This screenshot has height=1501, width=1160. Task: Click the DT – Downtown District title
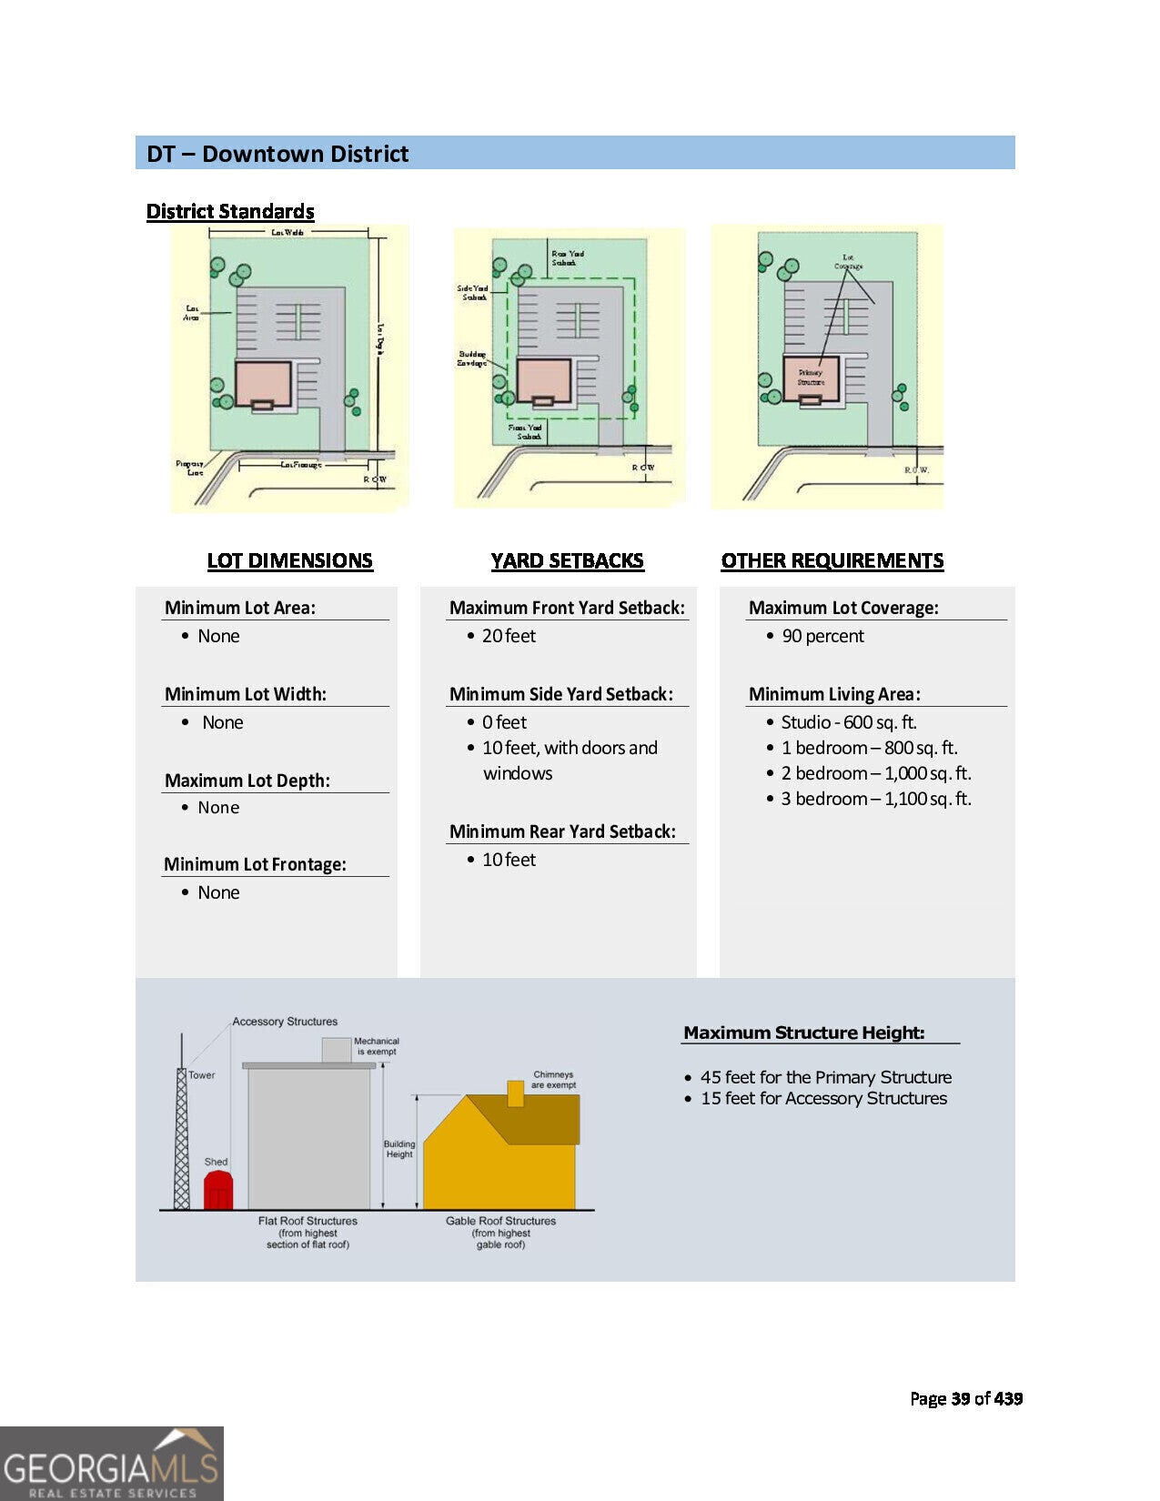pyautogui.click(x=277, y=154)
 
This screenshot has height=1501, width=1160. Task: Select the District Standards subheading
pyautogui.click(x=230, y=212)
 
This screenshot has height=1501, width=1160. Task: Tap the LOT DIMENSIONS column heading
pyautogui.click(x=289, y=560)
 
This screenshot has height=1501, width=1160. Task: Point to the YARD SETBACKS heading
pyautogui.click(x=567, y=560)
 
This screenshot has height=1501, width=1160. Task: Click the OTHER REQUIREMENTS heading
pyautogui.click(x=832, y=560)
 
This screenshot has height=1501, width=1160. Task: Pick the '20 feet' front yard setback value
pyautogui.click(x=509, y=636)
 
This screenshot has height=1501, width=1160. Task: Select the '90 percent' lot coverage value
pyautogui.click(x=822, y=636)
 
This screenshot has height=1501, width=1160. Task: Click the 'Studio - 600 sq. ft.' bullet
pyautogui.click(x=848, y=722)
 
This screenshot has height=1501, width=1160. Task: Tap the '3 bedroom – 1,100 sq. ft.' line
pyautogui.click(x=875, y=799)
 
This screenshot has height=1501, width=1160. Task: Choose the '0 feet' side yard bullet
pyautogui.click(x=504, y=722)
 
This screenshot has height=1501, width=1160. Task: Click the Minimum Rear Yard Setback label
pyautogui.click(x=562, y=831)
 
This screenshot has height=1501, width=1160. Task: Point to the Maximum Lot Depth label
pyautogui.click(x=247, y=781)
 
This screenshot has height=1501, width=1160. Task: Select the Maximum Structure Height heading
pyautogui.click(x=803, y=1033)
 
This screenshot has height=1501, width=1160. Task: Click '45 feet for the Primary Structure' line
pyautogui.click(x=825, y=1077)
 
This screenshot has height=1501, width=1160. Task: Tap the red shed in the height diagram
pyautogui.click(x=217, y=1191)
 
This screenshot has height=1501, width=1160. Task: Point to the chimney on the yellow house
pyautogui.click(x=515, y=1093)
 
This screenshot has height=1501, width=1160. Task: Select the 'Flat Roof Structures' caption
pyautogui.click(x=308, y=1221)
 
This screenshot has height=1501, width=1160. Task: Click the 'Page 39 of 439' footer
pyautogui.click(x=965, y=1398)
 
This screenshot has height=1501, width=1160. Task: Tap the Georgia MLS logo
pyautogui.click(x=111, y=1464)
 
